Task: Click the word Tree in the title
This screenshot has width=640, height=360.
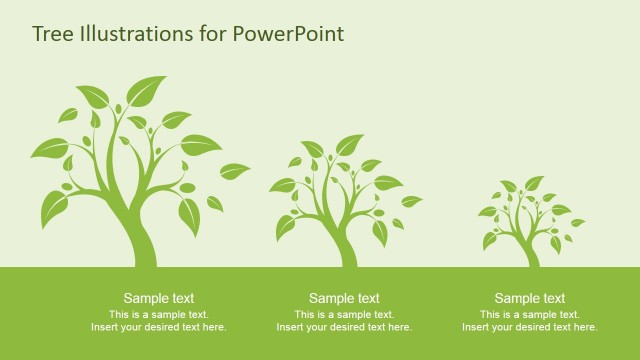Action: [x=51, y=34]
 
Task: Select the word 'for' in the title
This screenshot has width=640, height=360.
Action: [x=213, y=34]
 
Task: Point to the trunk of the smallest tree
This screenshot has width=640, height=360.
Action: [x=532, y=256]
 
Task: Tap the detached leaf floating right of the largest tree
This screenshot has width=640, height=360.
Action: [x=234, y=171]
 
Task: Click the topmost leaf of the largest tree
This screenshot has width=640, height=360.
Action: [x=146, y=90]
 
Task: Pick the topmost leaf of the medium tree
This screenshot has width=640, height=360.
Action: [x=349, y=145]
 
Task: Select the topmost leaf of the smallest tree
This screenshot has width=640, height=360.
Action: [x=534, y=183]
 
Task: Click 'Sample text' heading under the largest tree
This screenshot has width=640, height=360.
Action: [x=159, y=298]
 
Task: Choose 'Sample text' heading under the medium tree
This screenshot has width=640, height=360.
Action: [x=344, y=298]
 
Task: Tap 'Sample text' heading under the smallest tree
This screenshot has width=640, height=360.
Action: [x=530, y=298]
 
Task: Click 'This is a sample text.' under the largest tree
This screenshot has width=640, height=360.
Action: [x=159, y=314]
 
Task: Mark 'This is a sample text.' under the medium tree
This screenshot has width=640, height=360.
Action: [x=344, y=314]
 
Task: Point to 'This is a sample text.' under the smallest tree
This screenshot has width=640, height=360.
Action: [x=530, y=314]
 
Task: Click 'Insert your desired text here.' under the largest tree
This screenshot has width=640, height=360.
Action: [x=159, y=327]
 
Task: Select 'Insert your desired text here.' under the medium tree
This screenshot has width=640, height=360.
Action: [x=344, y=327]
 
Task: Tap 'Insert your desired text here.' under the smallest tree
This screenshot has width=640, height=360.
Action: [x=530, y=327]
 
